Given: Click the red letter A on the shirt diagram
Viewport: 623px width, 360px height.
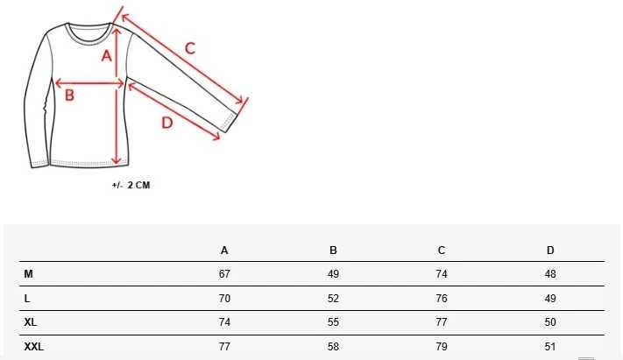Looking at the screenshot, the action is pyautogui.click(x=106, y=56).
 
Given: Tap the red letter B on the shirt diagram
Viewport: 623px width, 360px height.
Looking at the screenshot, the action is pyautogui.click(x=69, y=95).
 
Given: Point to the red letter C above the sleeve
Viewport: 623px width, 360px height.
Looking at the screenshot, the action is pyautogui.click(x=190, y=48).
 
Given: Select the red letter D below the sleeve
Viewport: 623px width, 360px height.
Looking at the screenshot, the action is pyautogui.click(x=167, y=123).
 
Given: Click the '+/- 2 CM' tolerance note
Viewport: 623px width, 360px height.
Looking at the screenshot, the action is pyautogui.click(x=131, y=185).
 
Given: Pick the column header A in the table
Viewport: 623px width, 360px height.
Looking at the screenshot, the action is pyautogui.click(x=224, y=251).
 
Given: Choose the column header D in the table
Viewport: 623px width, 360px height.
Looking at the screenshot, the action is pyautogui.click(x=550, y=251).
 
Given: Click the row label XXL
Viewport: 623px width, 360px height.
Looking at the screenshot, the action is pyautogui.click(x=34, y=347).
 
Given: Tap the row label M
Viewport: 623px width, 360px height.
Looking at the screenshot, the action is pyautogui.click(x=29, y=274).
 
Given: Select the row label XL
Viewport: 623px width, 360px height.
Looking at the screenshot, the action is pyautogui.click(x=31, y=322).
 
